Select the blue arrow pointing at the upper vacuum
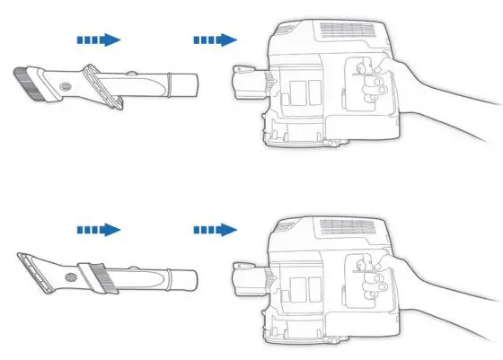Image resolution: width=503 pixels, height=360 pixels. [x=215, y=40]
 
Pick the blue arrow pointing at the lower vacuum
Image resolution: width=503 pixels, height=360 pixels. [x=215, y=231]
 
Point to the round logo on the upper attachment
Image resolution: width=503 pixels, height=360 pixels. [x=65, y=86]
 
